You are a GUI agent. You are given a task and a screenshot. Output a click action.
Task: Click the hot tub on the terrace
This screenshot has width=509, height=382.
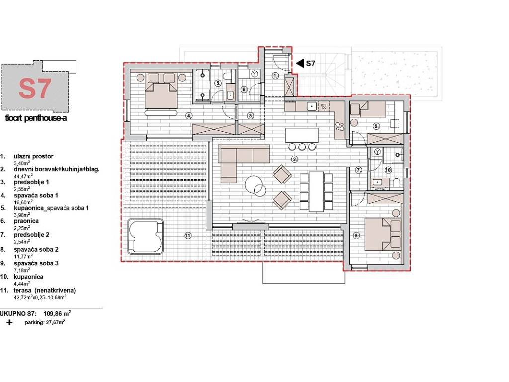point(145,236)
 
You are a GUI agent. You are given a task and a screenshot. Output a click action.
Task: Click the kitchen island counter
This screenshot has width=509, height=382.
point(302,135)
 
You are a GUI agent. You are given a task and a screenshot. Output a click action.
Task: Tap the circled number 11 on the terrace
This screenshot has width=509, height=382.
point(188,236)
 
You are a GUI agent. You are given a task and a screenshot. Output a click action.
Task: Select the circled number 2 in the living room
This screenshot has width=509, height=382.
point(295,159)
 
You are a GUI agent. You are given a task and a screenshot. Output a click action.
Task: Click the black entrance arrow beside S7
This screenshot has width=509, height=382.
point(300,63)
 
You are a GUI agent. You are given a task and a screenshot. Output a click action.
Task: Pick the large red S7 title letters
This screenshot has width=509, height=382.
point(35,89)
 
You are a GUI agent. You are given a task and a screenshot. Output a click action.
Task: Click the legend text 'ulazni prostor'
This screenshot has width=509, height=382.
point(33,156)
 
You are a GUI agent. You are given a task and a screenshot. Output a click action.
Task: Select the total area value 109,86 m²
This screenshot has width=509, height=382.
point(57,314)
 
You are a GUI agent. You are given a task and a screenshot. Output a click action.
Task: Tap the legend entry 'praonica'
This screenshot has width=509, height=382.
point(26,221)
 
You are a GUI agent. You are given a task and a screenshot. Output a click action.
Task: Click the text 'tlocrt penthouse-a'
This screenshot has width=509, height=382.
point(36,118)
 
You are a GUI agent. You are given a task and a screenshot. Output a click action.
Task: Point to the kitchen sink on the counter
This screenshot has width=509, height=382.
point(312,106)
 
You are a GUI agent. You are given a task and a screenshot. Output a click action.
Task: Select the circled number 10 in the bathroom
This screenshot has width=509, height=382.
point(388,170)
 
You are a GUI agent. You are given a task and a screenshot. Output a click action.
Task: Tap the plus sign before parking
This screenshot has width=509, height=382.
point(10,322)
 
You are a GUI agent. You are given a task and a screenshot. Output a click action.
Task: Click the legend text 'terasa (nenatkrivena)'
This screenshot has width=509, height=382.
point(45,290)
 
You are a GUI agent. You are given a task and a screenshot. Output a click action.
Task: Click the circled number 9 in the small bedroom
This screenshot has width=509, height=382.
point(376,126)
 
